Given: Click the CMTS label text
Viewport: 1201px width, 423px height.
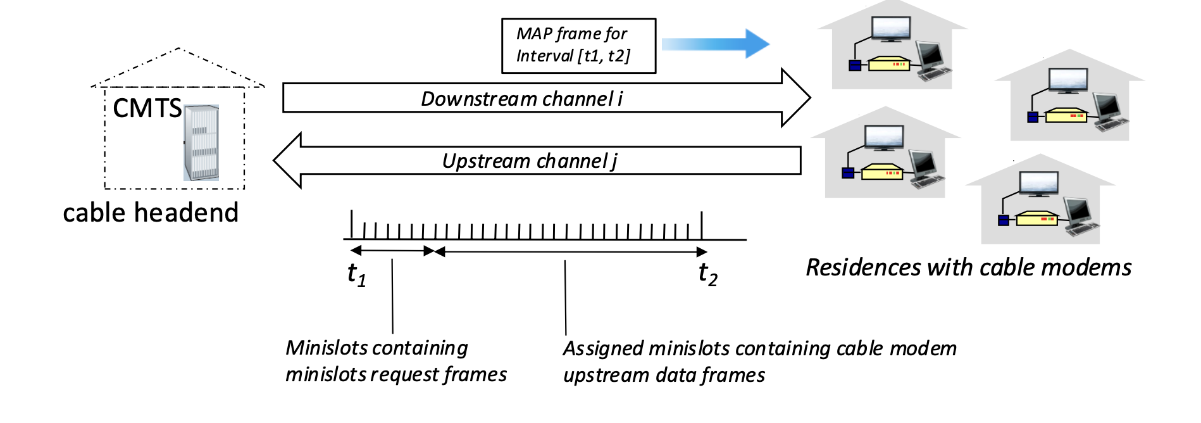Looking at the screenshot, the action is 147,109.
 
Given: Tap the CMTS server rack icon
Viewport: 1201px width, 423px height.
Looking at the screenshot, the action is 201,143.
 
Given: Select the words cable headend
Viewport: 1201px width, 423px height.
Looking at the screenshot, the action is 151,213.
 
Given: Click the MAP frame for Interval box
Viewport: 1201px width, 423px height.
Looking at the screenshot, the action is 578,46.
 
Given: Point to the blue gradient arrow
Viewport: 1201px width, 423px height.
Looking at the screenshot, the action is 716,44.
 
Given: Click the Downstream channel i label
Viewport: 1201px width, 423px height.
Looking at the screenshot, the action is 522,99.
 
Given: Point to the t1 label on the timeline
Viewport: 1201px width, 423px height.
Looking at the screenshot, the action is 357,274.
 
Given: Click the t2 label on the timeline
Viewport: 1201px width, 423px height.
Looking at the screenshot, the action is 708,274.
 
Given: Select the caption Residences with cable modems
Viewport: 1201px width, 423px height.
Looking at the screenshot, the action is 969,267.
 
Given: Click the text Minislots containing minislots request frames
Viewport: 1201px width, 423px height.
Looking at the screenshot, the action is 396,361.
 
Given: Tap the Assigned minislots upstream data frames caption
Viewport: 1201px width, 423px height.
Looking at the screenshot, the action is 760,362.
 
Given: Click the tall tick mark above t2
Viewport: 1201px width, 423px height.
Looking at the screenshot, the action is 702,225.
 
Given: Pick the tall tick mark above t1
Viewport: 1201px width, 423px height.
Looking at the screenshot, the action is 352,225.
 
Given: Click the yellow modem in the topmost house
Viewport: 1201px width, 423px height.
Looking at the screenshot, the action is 888,63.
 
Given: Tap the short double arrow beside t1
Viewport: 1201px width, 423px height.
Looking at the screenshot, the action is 392,251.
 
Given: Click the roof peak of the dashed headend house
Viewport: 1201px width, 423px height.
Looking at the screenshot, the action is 179,48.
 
